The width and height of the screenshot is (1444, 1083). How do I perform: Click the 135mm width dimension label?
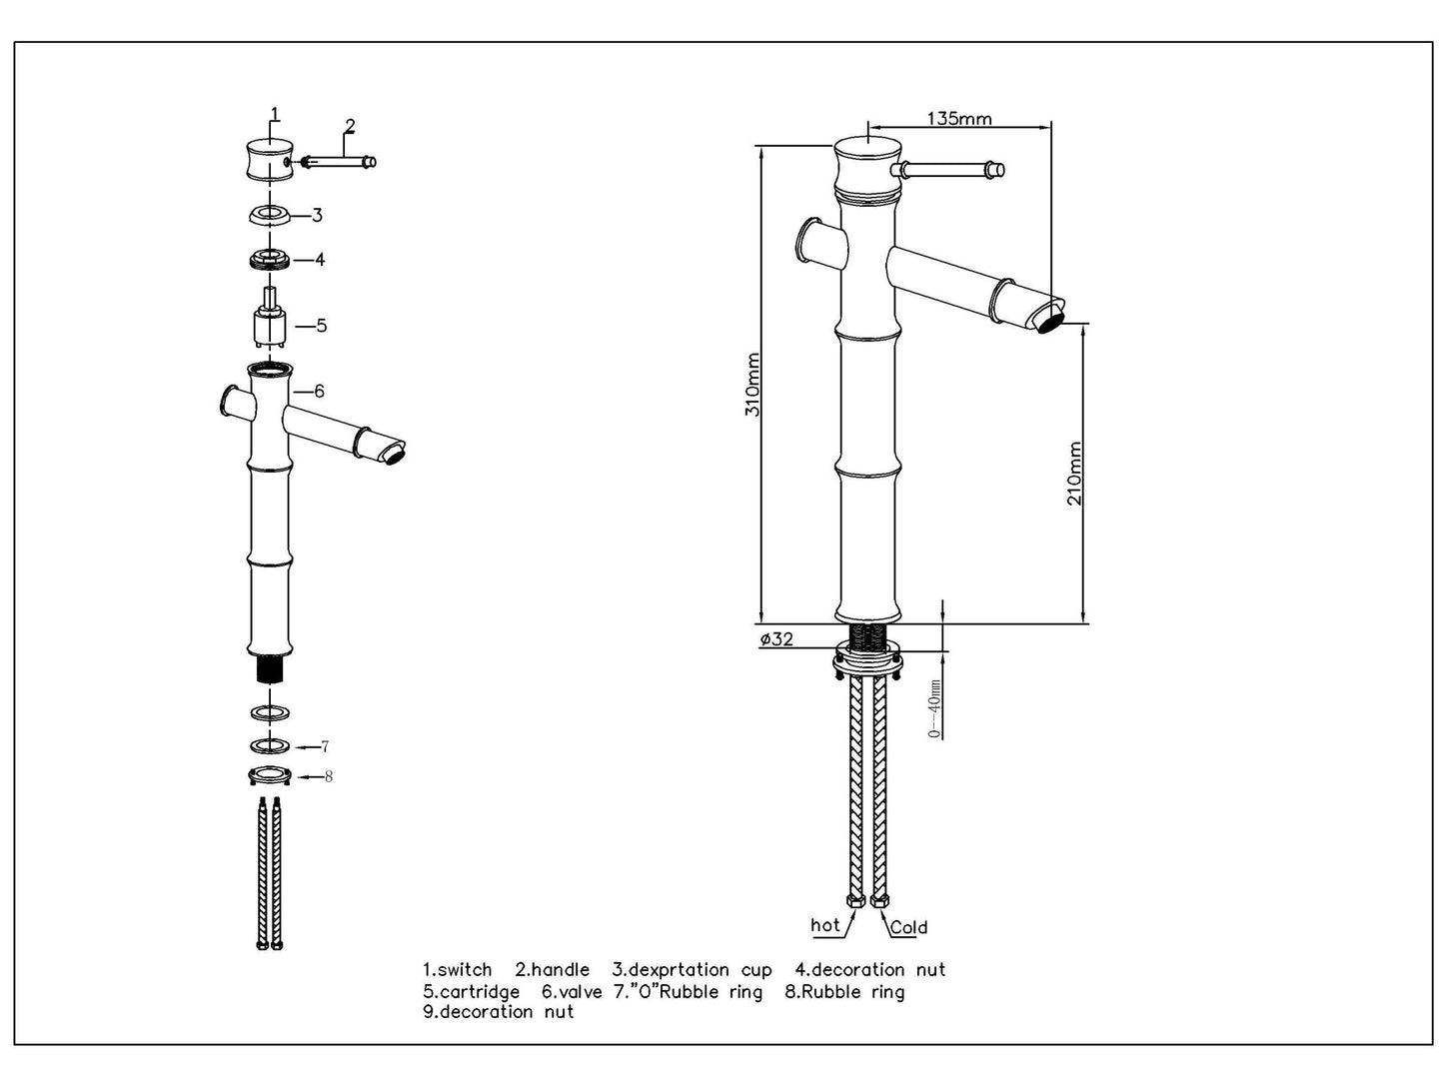pyautogui.click(x=959, y=119)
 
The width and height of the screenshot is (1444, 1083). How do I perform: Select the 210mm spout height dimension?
pyautogui.click(x=1074, y=474)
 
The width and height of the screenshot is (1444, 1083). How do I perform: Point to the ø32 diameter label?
pyautogui.click(x=776, y=639)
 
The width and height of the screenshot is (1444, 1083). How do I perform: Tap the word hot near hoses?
pyautogui.click(x=825, y=925)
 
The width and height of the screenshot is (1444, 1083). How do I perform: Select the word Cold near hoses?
pyautogui.click(x=907, y=927)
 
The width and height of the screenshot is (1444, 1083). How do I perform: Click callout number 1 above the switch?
pyautogui.click(x=275, y=115)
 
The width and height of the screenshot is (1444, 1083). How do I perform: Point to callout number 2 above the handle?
pyautogui.click(x=349, y=126)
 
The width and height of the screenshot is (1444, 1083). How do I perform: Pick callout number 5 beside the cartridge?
pyautogui.click(x=321, y=326)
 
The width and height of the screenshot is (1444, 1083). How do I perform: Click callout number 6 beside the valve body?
pyautogui.click(x=319, y=392)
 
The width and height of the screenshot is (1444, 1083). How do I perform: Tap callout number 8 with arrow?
pyautogui.click(x=328, y=776)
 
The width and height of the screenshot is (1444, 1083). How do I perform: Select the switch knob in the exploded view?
pyautogui.click(x=269, y=160)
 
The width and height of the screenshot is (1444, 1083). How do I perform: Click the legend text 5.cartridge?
pyautogui.click(x=471, y=992)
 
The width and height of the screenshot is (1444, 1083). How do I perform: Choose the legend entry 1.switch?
pyautogui.click(x=458, y=970)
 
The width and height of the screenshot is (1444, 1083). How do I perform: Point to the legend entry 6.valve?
pyautogui.click(x=572, y=992)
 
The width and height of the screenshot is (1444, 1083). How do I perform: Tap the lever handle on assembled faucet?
pyautogui.click(x=949, y=171)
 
